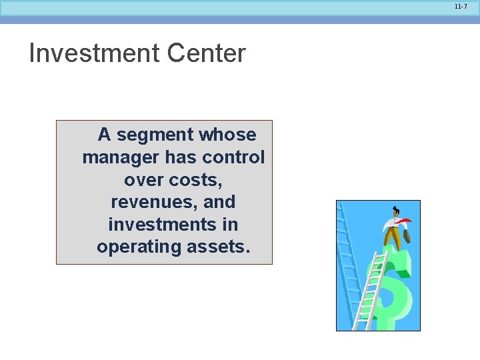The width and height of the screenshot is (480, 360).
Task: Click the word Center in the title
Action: pyautogui.click(x=207, y=53)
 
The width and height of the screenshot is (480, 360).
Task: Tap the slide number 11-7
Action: pyautogui.click(x=461, y=6)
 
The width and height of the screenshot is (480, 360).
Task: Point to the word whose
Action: pyautogui.click(x=227, y=135)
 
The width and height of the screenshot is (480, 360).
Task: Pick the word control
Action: pyautogui.click(x=233, y=157)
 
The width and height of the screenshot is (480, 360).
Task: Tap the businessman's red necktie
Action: pyautogui.click(x=403, y=221)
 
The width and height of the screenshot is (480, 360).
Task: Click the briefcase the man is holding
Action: pyautogui.click(x=407, y=235)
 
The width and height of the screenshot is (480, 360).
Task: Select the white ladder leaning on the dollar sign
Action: pyautogui.click(x=369, y=293)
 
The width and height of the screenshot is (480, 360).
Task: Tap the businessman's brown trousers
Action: pyautogui.click(x=393, y=240)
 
